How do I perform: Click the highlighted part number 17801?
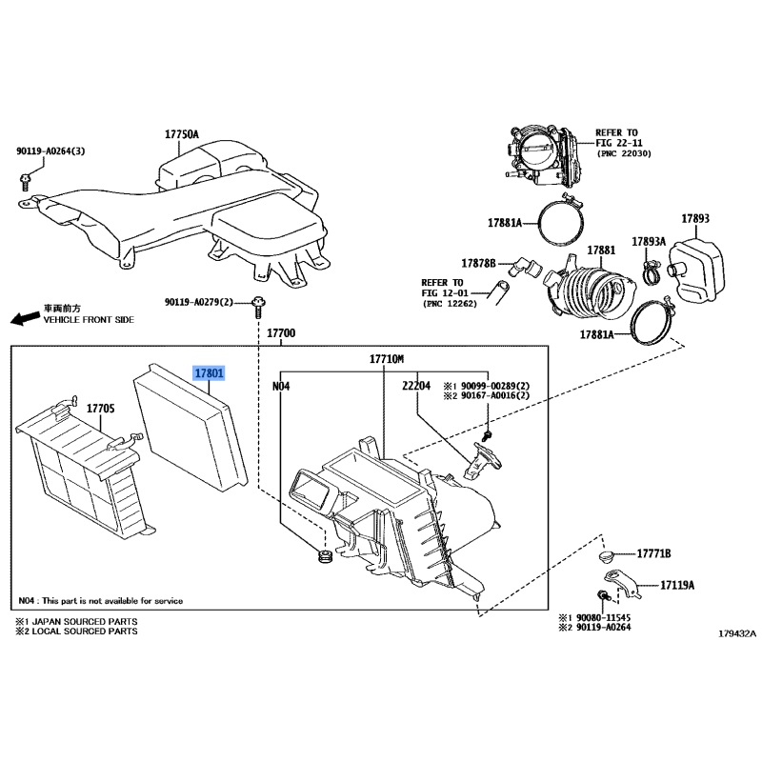pos(210,373)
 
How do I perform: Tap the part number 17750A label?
pos(182,134)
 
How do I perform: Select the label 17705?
pos(101,409)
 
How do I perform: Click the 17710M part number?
pos(387,359)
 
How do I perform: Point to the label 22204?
pos(416,386)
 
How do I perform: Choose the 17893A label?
pos(649,242)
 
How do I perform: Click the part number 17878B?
pos(479,264)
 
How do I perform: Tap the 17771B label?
pos(653,553)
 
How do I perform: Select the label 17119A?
pos(677,585)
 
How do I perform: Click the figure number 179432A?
pos(737,633)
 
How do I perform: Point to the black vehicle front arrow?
pos(26,319)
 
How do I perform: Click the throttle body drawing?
pos(542,155)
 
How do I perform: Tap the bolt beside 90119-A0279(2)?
pos(258,306)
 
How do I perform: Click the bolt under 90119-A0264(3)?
pos(25,181)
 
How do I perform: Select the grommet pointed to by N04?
pos(324,556)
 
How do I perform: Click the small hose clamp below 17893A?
pos(651,272)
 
